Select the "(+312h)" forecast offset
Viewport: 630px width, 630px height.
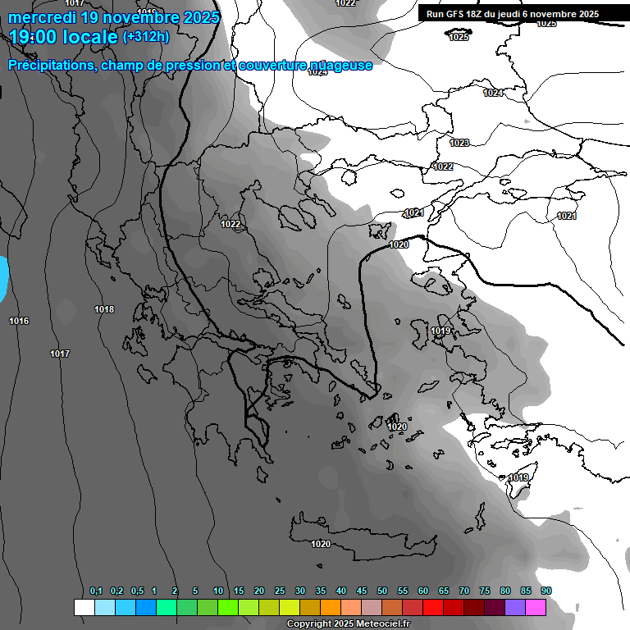pyautogui.click(x=146, y=36)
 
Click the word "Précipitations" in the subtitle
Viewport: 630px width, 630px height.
pyautogui.click(x=51, y=65)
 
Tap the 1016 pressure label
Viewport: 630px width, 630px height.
pyautogui.click(x=19, y=321)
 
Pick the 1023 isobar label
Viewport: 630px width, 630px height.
pyautogui.click(x=459, y=143)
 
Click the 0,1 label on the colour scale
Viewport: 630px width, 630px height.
pyautogui.click(x=96, y=591)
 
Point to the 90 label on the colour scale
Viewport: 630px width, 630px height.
pyautogui.click(x=546, y=591)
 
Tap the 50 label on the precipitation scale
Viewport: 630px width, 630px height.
pyautogui.click(x=382, y=591)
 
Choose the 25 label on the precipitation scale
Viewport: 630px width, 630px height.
pyautogui.click(x=280, y=591)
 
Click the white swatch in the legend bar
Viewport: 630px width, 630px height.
pyautogui.click(x=84, y=607)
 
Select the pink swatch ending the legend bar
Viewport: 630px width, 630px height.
pyautogui.click(x=536, y=607)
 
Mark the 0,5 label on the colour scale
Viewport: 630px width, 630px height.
pyautogui.click(x=137, y=591)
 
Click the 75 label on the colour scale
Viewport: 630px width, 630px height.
pyautogui.click(x=485, y=591)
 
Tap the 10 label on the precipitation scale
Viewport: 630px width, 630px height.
pyautogui.click(x=218, y=591)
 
